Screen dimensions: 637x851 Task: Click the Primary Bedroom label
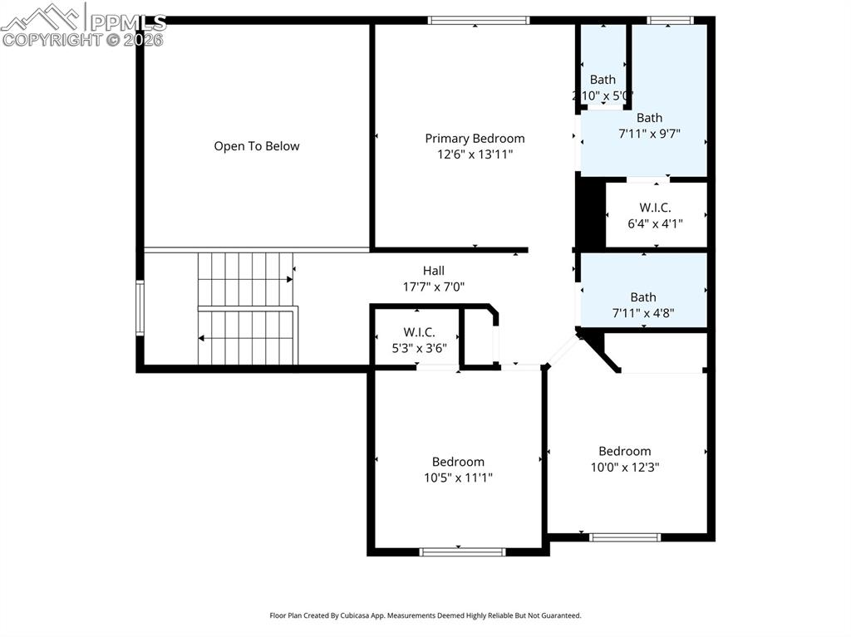point(475,139)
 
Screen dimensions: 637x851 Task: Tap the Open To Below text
point(256,146)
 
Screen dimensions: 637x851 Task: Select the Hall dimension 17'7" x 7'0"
point(433,287)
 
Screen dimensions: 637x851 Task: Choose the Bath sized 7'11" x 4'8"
point(642,297)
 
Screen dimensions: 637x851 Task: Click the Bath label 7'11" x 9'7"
point(649,118)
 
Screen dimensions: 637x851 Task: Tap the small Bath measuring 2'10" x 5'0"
point(603,80)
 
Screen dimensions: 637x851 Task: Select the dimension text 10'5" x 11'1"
point(458,478)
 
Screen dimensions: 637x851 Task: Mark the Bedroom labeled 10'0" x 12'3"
point(624,451)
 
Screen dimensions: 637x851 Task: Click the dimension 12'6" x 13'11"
point(475,154)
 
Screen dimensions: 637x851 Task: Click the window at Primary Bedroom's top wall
point(478,21)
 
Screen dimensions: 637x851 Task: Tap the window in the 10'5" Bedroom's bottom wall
point(462,551)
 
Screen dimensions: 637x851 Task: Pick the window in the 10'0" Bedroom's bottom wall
point(625,537)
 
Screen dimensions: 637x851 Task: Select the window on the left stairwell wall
point(140,308)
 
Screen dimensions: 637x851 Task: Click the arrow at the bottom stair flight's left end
point(202,338)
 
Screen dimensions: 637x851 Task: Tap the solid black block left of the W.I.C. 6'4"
point(590,214)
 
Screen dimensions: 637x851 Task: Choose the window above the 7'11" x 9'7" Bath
point(670,21)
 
